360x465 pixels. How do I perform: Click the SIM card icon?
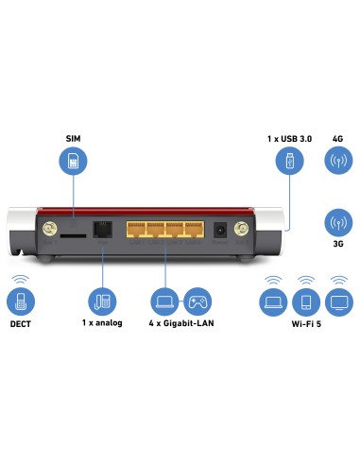pyautogui.click(x=74, y=164)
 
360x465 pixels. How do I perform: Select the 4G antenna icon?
pyautogui.click(x=337, y=164)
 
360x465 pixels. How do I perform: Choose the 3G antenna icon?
pyautogui.click(x=337, y=226)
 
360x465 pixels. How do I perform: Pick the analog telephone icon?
pyautogui.click(x=101, y=302)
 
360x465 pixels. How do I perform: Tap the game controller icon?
pyautogui.click(x=197, y=302)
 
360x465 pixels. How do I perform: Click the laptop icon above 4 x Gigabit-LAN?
pyautogui.click(x=163, y=302)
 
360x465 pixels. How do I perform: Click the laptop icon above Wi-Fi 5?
pyautogui.click(x=273, y=302)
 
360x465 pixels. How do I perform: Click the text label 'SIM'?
pyautogui.click(x=74, y=138)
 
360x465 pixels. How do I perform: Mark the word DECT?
pyautogui.click(x=21, y=326)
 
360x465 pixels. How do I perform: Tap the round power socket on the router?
pyautogui.click(x=220, y=230)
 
